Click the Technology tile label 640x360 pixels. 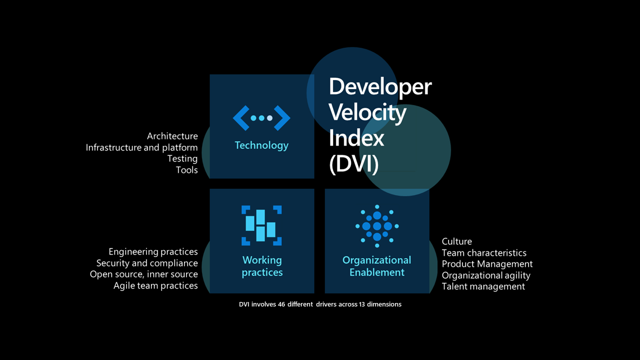coord(261,145)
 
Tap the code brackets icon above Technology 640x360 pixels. coord(261,118)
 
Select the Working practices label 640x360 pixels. coord(262,266)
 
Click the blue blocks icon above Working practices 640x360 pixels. coord(261,225)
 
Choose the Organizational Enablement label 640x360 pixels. coord(376,266)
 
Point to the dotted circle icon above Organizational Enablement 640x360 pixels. coord(377,226)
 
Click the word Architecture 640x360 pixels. coord(172,136)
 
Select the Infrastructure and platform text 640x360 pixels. coord(141,147)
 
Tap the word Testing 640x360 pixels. coord(182,158)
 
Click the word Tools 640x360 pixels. coord(186,170)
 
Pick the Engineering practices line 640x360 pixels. coord(153,251)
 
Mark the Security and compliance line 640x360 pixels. coord(147,263)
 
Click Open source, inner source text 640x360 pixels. coord(143,274)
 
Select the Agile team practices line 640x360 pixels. coord(155,285)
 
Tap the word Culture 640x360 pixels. coord(456,241)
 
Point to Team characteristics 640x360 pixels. coord(484,253)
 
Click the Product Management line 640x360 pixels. coord(487,264)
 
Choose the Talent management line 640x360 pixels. coord(483,286)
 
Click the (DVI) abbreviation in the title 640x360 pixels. coord(353,164)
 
